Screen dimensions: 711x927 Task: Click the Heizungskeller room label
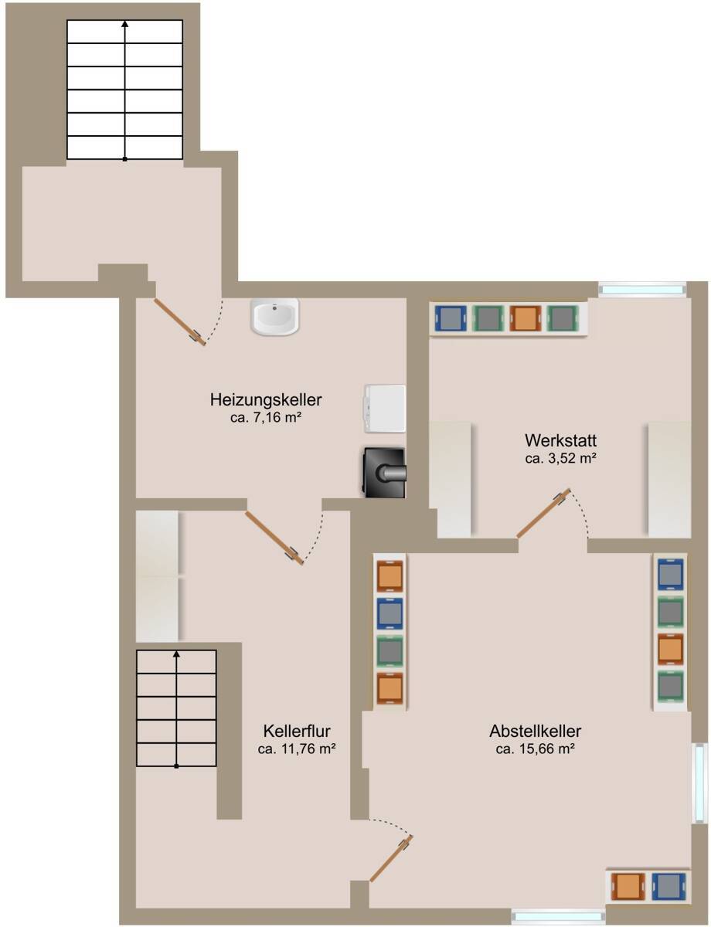[x=265, y=400]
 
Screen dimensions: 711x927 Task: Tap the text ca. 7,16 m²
[x=265, y=417]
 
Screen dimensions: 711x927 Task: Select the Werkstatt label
[x=560, y=440]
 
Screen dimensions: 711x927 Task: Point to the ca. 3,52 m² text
[x=560, y=458]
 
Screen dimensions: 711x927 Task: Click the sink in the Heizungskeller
[x=275, y=317]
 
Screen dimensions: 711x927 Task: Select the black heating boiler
[x=383, y=473]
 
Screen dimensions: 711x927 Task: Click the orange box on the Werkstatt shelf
[x=526, y=318]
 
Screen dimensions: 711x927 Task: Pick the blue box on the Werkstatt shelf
[x=451, y=318]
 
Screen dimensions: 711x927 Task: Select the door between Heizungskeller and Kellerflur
[x=274, y=538]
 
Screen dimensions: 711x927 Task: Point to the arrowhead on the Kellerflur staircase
[x=176, y=654]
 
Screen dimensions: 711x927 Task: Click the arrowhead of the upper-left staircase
[x=124, y=24]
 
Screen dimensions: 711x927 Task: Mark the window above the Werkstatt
[x=642, y=290]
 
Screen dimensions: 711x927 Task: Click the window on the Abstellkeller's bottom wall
[x=558, y=915]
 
